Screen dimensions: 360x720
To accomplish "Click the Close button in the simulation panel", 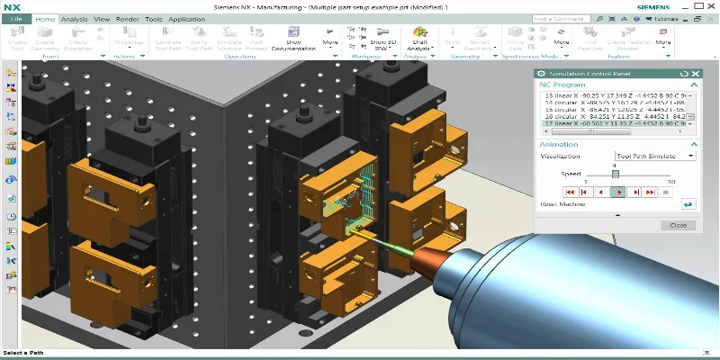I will (x=678, y=225).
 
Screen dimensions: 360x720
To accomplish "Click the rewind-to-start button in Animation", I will (x=570, y=192).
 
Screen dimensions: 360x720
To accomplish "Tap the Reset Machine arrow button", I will (x=688, y=204).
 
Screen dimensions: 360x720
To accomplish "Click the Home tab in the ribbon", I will (x=45, y=18).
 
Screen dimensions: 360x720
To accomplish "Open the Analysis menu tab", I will (x=75, y=18).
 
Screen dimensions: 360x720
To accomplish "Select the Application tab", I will (x=186, y=18).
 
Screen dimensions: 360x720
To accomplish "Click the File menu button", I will (x=16, y=18).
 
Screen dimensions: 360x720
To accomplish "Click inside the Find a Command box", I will (x=562, y=18).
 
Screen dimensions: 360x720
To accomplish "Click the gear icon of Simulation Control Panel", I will (x=540, y=74).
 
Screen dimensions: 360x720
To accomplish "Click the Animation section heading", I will (x=559, y=144).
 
